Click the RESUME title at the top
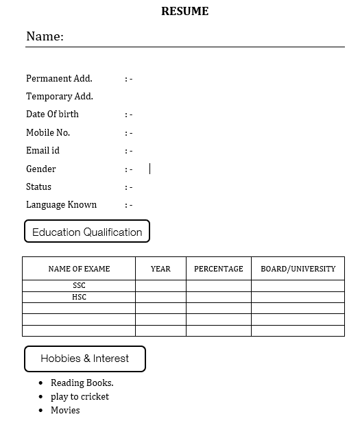coord(184,12)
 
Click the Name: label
coord(45,36)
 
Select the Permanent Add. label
coord(59,78)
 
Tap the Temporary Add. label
coord(60,97)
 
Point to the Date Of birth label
coord(52,114)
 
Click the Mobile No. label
coord(48,132)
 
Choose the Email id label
coord(43,150)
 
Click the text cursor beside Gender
coord(149,169)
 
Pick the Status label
coord(38,186)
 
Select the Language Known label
coord(61,204)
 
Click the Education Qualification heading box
coord(87,232)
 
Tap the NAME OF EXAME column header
coord(79,269)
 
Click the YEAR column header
coord(160,269)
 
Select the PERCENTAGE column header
coord(218,269)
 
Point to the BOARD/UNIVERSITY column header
coord(298,269)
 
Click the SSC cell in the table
coord(79,286)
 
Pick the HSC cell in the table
coord(79,298)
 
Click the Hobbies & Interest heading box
coord(85,359)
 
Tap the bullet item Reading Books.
coord(82,383)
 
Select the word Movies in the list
coord(65,410)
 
